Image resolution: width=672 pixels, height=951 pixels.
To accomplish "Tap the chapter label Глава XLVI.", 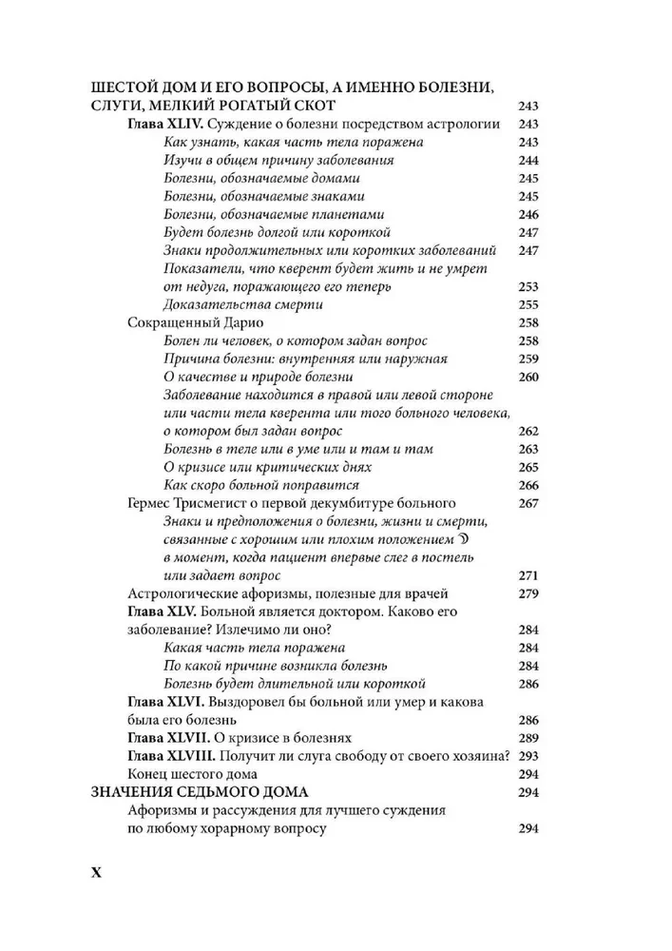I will [166, 702].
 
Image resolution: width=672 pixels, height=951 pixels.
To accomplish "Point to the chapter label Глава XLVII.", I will [169, 738].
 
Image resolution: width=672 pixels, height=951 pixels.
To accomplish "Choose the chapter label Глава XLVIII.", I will [172, 756].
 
